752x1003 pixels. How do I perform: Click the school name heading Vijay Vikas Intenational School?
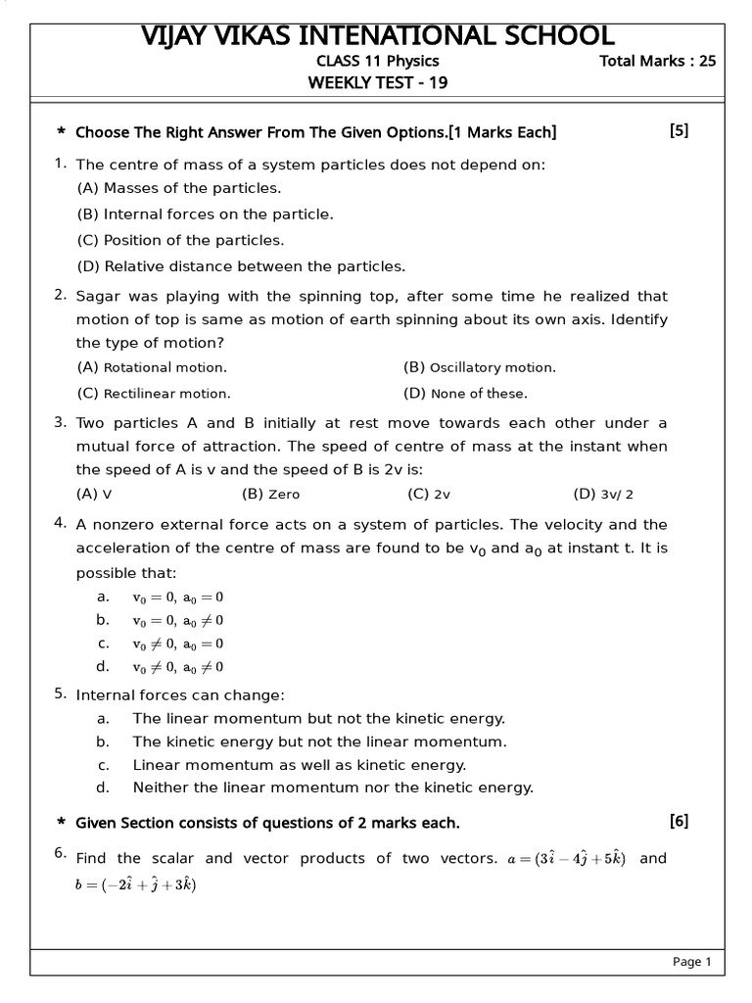[x=377, y=35]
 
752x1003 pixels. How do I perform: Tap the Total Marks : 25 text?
[x=657, y=61]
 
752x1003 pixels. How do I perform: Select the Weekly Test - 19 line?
[x=377, y=83]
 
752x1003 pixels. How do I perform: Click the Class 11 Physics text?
[x=372, y=61]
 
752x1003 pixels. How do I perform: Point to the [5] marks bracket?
[x=679, y=131]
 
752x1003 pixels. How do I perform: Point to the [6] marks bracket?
[x=679, y=821]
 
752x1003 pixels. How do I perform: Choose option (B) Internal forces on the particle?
[x=205, y=214]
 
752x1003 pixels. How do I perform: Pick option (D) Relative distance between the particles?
[x=240, y=265]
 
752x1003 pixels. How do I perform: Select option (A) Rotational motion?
[x=152, y=367]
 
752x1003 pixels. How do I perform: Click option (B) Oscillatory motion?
[x=479, y=367]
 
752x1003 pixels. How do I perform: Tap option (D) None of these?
[x=465, y=394]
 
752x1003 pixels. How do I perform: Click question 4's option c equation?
[x=177, y=644]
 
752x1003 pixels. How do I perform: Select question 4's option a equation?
[x=177, y=597]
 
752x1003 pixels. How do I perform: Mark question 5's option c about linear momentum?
[x=299, y=764]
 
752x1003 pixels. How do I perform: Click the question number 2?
[x=61, y=295]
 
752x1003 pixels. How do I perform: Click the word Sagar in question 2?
[x=98, y=296]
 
